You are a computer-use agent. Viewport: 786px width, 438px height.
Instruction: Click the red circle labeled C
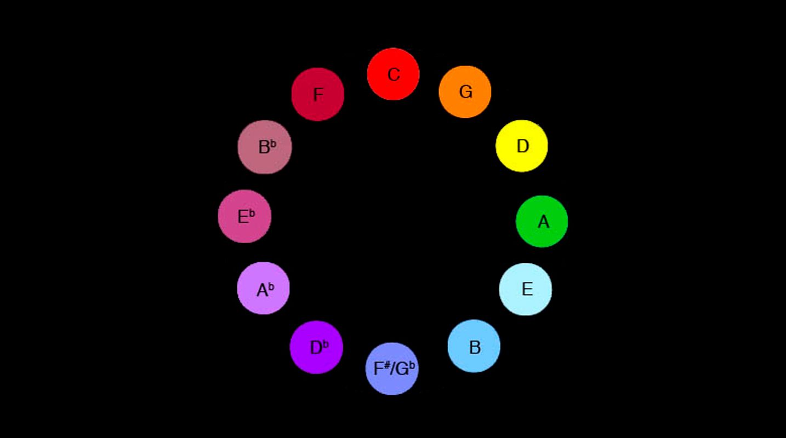tap(393, 74)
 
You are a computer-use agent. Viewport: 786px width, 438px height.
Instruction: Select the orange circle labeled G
tap(465, 91)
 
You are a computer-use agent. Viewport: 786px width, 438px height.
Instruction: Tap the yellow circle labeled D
tap(522, 146)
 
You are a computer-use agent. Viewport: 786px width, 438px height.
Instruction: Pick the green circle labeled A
tap(542, 221)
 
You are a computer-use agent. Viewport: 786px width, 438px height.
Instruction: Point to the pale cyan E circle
tap(525, 289)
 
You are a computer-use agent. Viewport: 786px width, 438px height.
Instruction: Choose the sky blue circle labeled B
tap(474, 346)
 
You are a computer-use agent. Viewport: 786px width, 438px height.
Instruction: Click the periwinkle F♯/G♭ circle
tap(391, 368)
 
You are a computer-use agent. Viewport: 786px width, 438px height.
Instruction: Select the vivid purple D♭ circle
tap(316, 347)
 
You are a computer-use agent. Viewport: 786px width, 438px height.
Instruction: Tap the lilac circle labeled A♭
tap(263, 288)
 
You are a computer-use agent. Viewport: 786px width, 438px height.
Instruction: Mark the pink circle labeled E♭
tap(244, 216)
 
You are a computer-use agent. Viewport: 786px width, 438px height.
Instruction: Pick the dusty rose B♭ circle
tap(265, 147)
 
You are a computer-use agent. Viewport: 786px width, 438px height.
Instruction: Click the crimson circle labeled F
tap(317, 94)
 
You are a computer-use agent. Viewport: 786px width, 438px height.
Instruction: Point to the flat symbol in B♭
tap(272, 143)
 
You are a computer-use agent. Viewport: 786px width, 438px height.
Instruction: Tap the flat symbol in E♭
tap(252, 214)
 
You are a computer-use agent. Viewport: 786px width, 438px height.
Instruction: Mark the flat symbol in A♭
tap(271, 286)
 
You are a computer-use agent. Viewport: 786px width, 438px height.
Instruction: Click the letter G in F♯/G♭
tap(402, 369)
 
